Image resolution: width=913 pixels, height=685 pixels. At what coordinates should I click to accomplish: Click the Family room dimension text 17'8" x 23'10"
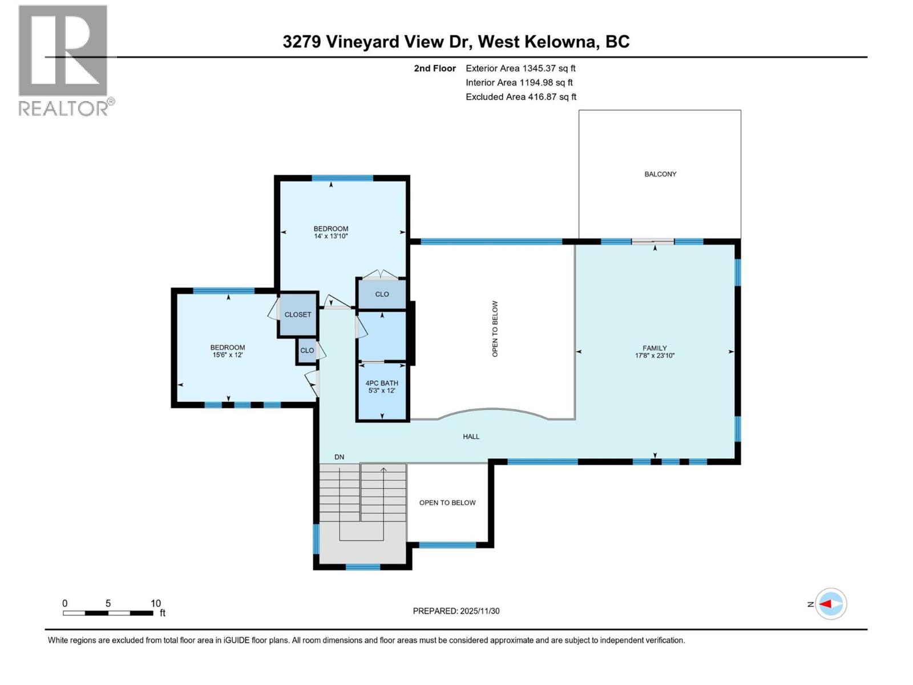[x=654, y=356]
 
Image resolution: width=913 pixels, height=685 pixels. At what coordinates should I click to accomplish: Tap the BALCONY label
[x=660, y=174]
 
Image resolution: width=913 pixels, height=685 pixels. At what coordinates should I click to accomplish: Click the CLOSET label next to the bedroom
[x=298, y=315]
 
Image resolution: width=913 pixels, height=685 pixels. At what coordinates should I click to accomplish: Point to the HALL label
[x=471, y=437]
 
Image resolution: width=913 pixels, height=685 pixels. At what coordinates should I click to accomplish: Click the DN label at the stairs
[x=340, y=457]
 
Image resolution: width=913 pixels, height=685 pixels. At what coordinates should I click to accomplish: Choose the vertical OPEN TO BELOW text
[x=495, y=329]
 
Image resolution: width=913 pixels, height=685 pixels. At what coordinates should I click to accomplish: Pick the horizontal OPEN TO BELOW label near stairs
[x=447, y=503]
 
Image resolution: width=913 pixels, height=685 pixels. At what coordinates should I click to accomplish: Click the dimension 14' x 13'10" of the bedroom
[x=331, y=236]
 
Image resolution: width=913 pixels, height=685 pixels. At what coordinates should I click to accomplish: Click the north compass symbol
[x=830, y=604]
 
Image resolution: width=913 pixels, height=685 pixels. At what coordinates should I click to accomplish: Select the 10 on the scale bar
[x=155, y=603]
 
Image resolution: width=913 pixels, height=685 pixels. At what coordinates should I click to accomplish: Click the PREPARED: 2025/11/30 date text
[x=456, y=611]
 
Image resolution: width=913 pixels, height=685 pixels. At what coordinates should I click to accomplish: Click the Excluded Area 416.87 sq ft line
[x=520, y=97]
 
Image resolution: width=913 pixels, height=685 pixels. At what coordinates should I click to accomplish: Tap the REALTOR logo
[x=64, y=60]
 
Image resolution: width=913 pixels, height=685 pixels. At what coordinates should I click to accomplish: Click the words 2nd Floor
[x=435, y=68]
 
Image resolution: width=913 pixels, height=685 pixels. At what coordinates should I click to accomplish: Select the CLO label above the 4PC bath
[x=382, y=295]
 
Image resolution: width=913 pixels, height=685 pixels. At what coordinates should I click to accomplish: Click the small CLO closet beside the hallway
[x=307, y=350]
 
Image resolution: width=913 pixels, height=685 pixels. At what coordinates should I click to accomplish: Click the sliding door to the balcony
[x=653, y=241]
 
